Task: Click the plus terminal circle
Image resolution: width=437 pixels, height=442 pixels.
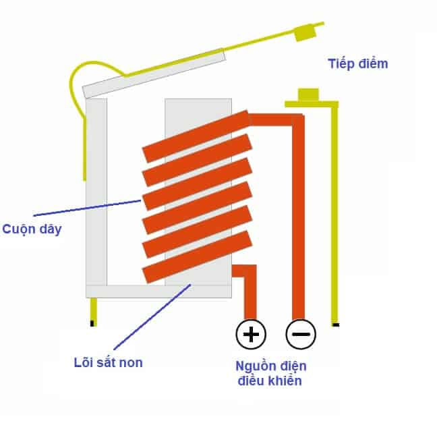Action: click(251, 333)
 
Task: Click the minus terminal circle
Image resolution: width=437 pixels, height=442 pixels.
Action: click(301, 333)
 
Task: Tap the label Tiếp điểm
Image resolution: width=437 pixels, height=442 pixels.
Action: click(358, 64)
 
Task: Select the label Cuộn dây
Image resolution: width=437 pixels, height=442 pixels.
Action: click(32, 229)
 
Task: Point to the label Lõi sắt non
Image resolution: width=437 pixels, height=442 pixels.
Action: click(108, 362)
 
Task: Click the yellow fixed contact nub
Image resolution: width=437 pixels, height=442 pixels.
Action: click(309, 94)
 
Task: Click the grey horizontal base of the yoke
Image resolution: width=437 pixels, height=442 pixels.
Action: click(158, 291)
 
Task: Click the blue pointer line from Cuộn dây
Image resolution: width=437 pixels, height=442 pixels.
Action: click(88, 209)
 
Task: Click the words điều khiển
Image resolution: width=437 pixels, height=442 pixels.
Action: click(269, 381)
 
